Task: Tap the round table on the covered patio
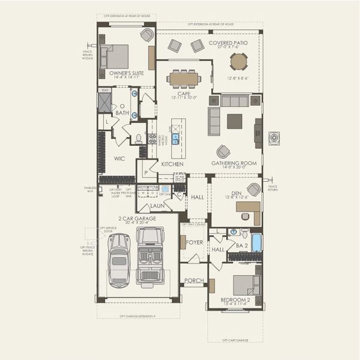[238, 61]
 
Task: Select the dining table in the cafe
[184, 78]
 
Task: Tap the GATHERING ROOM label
[233, 163]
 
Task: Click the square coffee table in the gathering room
[235, 121]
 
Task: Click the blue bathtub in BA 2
[256, 242]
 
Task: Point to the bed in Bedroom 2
[246, 284]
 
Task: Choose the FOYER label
[194, 243]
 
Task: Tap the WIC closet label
[119, 159]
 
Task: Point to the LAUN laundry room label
[157, 205]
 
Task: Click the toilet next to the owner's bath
[139, 139]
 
